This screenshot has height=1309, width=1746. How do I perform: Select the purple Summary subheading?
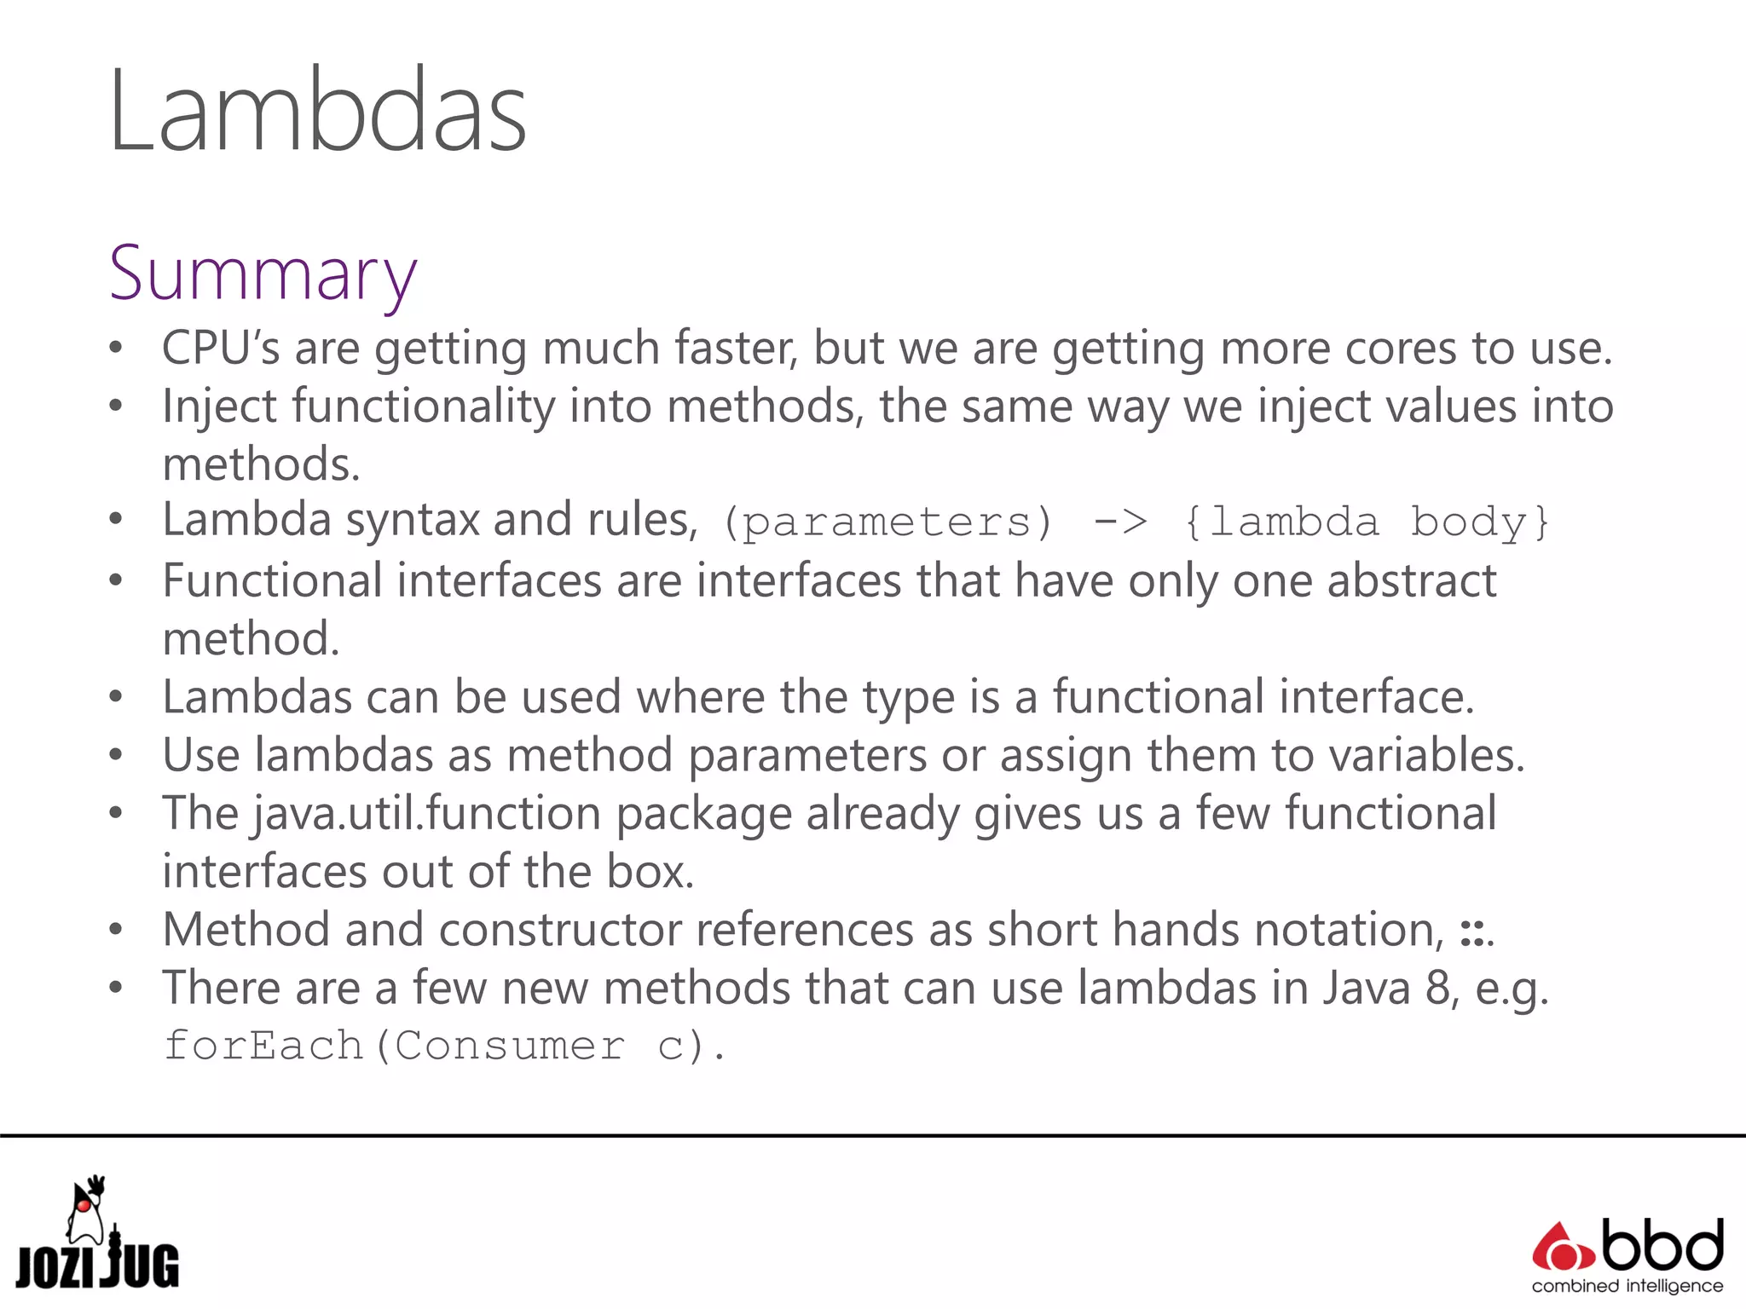coord(263,274)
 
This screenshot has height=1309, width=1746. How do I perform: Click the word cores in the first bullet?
coord(1400,349)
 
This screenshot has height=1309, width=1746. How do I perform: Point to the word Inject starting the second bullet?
coord(219,407)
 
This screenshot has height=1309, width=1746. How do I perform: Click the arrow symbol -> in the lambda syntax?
coord(1120,522)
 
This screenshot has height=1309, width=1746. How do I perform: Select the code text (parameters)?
coord(887,522)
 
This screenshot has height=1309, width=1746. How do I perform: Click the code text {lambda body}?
coord(1367,522)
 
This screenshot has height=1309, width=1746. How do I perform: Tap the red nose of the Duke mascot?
coord(84,1205)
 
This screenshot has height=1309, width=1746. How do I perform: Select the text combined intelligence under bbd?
coord(1627,1286)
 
